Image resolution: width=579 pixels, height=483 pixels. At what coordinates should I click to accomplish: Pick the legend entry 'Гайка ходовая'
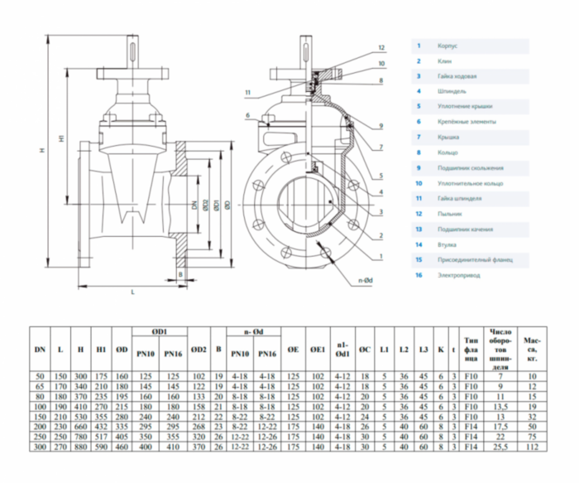(x=457, y=76)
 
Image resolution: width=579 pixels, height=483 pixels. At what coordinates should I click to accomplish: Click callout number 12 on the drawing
(x=381, y=47)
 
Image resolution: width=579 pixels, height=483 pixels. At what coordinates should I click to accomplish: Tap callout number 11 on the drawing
(x=247, y=91)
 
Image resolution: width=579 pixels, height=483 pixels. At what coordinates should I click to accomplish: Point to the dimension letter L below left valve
(x=132, y=292)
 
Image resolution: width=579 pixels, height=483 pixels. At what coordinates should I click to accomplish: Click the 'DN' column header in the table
(x=40, y=350)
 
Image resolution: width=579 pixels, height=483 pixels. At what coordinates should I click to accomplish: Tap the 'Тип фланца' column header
(x=472, y=350)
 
